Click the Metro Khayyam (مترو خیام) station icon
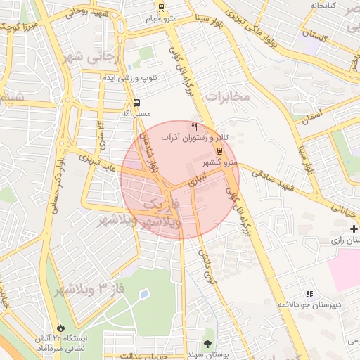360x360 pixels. (x=161, y=8)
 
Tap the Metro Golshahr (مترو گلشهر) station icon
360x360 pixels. (x=219, y=151)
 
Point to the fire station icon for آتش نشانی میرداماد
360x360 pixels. (x=62, y=328)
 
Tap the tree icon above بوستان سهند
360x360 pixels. (x=208, y=344)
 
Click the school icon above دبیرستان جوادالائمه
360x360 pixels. (x=309, y=294)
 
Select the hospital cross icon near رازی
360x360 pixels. (x=354, y=229)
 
